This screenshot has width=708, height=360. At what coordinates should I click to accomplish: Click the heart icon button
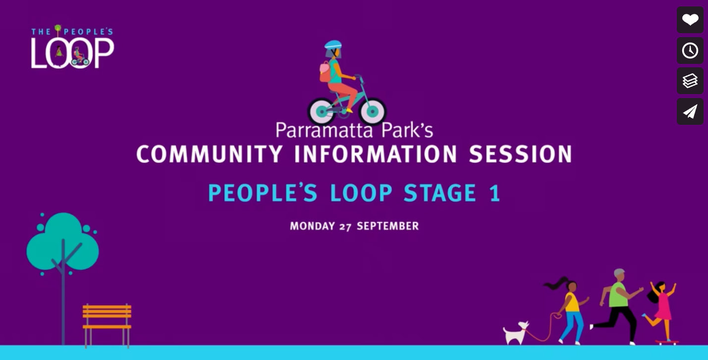[x=690, y=20]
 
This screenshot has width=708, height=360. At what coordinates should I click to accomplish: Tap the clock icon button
[x=690, y=51]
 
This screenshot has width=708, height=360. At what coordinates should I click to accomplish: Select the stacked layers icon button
[x=690, y=81]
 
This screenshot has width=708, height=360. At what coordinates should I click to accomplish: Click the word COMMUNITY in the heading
[x=209, y=154]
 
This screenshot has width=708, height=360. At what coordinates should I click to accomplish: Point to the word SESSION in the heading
[x=520, y=154]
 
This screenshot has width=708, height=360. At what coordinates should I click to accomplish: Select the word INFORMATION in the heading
[x=376, y=154]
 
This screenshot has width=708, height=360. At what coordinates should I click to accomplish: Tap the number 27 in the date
[x=345, y=227]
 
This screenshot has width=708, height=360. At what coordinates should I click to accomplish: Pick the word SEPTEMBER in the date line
[x=388, y=226]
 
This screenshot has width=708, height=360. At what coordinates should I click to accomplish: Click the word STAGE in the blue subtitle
[x=440, y=193]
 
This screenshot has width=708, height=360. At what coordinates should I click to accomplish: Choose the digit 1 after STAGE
[x=494, y=193]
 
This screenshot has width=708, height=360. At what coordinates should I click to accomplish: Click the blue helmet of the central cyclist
[x=333, y=45]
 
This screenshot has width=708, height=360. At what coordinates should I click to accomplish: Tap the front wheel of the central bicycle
[x=373, y=111]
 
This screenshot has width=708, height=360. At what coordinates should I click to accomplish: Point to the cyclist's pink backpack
[x=325, y=72]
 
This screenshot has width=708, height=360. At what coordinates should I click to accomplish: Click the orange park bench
[x=107, y=325]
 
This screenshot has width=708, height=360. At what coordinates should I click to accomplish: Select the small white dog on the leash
[x=515, y=333]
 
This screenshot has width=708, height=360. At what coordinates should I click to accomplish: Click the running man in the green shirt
[x=617, y=307]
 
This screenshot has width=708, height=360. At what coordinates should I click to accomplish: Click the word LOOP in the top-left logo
[x=72, y=52]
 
